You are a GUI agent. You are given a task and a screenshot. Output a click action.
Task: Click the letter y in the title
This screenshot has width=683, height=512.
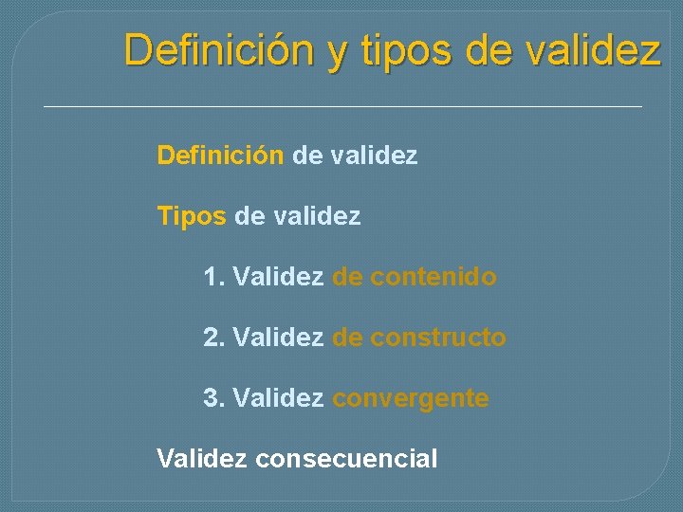click(x=339, y=51)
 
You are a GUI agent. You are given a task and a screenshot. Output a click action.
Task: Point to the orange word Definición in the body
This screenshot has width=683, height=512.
click(x=220, y=155)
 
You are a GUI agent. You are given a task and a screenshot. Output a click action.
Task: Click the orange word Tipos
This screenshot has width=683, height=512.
click(x=192, y=217)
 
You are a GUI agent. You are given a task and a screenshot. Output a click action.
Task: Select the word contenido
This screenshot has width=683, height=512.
click(x=434, y=277)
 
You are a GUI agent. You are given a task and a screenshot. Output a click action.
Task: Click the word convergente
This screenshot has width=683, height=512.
click(x=411, y=398)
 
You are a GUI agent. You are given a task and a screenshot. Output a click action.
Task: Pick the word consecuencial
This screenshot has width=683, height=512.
click(x=347, y=459)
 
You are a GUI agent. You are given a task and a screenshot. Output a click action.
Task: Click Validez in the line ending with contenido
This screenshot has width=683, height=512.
click(x=278, y=277)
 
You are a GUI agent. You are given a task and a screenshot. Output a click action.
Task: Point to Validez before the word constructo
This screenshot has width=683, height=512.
click(x=278, y=338)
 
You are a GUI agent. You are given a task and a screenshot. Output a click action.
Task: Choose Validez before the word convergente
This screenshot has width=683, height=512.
click(x=278, y=398)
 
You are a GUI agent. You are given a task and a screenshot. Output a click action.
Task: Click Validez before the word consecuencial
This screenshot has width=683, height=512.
click(x=202, y=459)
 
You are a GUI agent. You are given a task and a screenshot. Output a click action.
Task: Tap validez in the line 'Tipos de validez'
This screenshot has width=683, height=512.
click(x=317, y=217)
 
